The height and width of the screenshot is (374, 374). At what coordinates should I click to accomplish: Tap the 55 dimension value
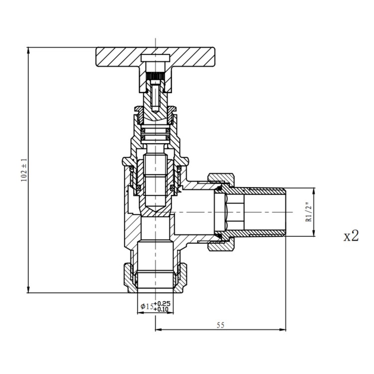[220, 325]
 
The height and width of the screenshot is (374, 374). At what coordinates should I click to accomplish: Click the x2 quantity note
[351, 236]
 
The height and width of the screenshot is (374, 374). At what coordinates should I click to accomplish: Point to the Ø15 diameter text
[147, 306]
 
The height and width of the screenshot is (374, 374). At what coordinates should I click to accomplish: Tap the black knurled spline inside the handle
[155, 76]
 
